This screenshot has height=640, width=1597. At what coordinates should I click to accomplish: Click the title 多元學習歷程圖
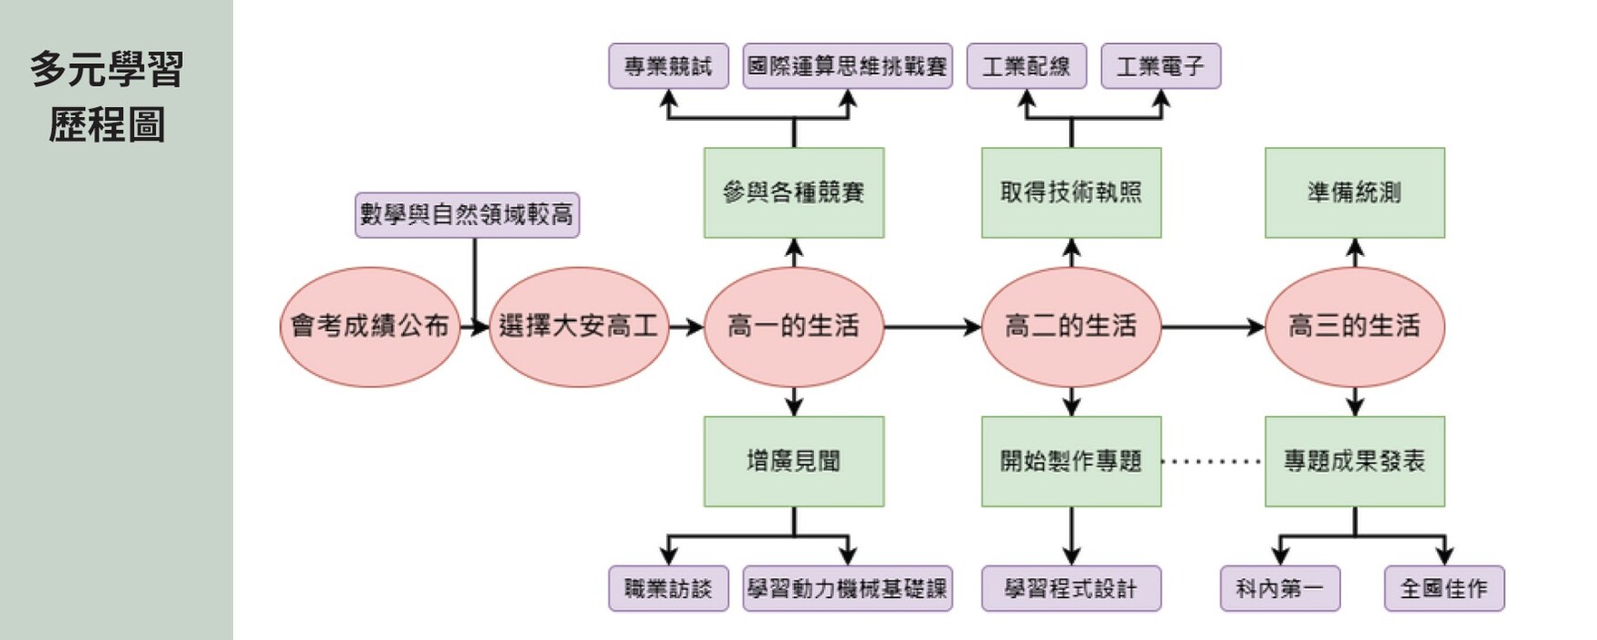[x=107, y=96]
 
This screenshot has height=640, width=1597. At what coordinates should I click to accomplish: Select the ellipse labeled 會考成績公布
[x=370, y=326]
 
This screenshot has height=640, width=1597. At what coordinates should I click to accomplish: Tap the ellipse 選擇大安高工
[x=578, y=326]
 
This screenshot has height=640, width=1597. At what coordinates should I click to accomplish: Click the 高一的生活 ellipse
[x=793, y=326]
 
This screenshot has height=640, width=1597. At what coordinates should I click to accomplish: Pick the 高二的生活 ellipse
[x=1071, y=326]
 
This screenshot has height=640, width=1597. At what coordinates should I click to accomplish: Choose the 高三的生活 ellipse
[x=1354, y=326]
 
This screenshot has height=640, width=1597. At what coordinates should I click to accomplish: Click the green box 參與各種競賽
[x=793, y=193]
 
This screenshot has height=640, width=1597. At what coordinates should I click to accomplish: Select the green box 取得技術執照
[x=1071, y=193]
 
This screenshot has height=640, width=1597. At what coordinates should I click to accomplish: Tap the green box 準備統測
[x=1354, y=193]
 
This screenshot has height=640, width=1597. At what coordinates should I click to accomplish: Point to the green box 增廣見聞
[x=793, y=462]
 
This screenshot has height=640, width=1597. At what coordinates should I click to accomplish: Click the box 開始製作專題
[x=1071, y=462]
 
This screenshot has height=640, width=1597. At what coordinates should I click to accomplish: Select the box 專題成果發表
[x=1354, y=462]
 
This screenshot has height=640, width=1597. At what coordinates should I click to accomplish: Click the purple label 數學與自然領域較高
[x=467, y=215]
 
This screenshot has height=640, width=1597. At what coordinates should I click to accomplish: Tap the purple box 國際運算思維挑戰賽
[x=847, y=66]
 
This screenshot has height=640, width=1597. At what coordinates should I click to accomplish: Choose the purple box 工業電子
[x=1160, y=66]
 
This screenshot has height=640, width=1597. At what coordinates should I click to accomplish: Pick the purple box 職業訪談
[x=668, y=588]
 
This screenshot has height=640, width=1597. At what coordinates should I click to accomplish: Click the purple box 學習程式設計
[x=1071, y=588]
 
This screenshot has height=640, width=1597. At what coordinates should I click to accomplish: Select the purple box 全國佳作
[x=1444, y=588]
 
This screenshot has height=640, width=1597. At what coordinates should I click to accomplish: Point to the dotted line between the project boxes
[x=1212, y=462]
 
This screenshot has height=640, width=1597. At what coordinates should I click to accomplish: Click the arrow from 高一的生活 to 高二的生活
[x=932, y=326]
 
